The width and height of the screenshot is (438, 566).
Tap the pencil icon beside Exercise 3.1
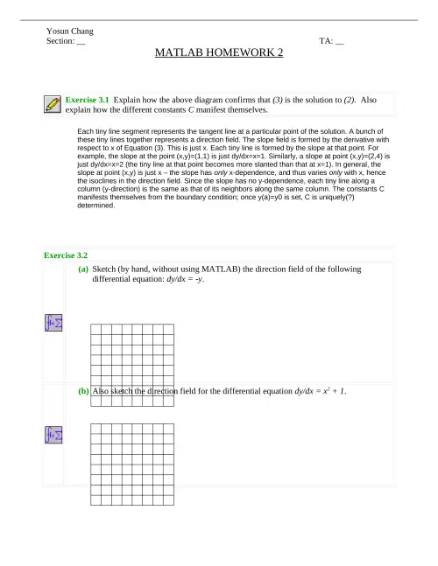(x=52, y=104)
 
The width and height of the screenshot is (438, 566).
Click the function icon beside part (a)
(x=52, y=323)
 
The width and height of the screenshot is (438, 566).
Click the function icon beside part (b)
(x=52, y=435)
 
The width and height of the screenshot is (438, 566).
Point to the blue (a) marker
(x=82, y=270)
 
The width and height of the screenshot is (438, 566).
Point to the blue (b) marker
(x=82, y=391)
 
